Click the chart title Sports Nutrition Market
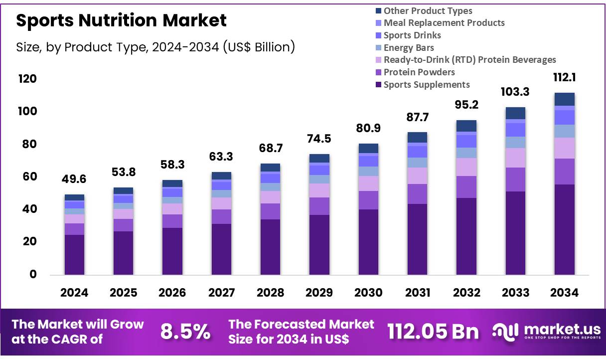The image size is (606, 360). coord(121,20)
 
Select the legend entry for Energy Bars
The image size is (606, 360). coord(408,48)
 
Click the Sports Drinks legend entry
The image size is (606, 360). coord(412,35)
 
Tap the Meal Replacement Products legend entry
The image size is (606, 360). coord(444,23)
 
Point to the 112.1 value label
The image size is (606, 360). coord(564,78)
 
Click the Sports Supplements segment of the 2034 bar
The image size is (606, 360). coord(564,229)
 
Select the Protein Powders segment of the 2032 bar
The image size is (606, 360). coord(466,187)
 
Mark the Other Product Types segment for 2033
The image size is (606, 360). coord(515,113)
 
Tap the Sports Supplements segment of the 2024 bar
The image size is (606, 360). coord(74,254)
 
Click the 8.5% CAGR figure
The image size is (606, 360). coord(185,332)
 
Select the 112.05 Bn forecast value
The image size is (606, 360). coord(433,332)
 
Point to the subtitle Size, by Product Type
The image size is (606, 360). coord(155,47)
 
